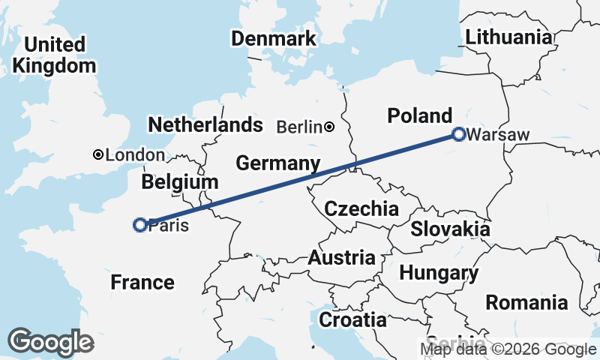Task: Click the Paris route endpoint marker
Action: [139, 224]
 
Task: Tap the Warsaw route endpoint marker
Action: [458, 135]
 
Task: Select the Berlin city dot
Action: [330, 127]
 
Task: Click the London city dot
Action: [97, 154]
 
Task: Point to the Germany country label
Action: [277, 163]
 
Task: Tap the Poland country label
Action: [419, 115]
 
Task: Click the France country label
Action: [142, 283]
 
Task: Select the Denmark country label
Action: [273, 39]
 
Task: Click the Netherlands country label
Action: [205, 124]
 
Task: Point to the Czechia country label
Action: [361, 208]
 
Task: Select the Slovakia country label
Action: [450, 229]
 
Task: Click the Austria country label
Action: [342, 258]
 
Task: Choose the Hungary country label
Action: [439, 273]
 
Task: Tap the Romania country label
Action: [526, 303]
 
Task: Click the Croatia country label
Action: [353, 320]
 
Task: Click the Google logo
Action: [51, 342]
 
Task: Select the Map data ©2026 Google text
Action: [508, 349]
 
